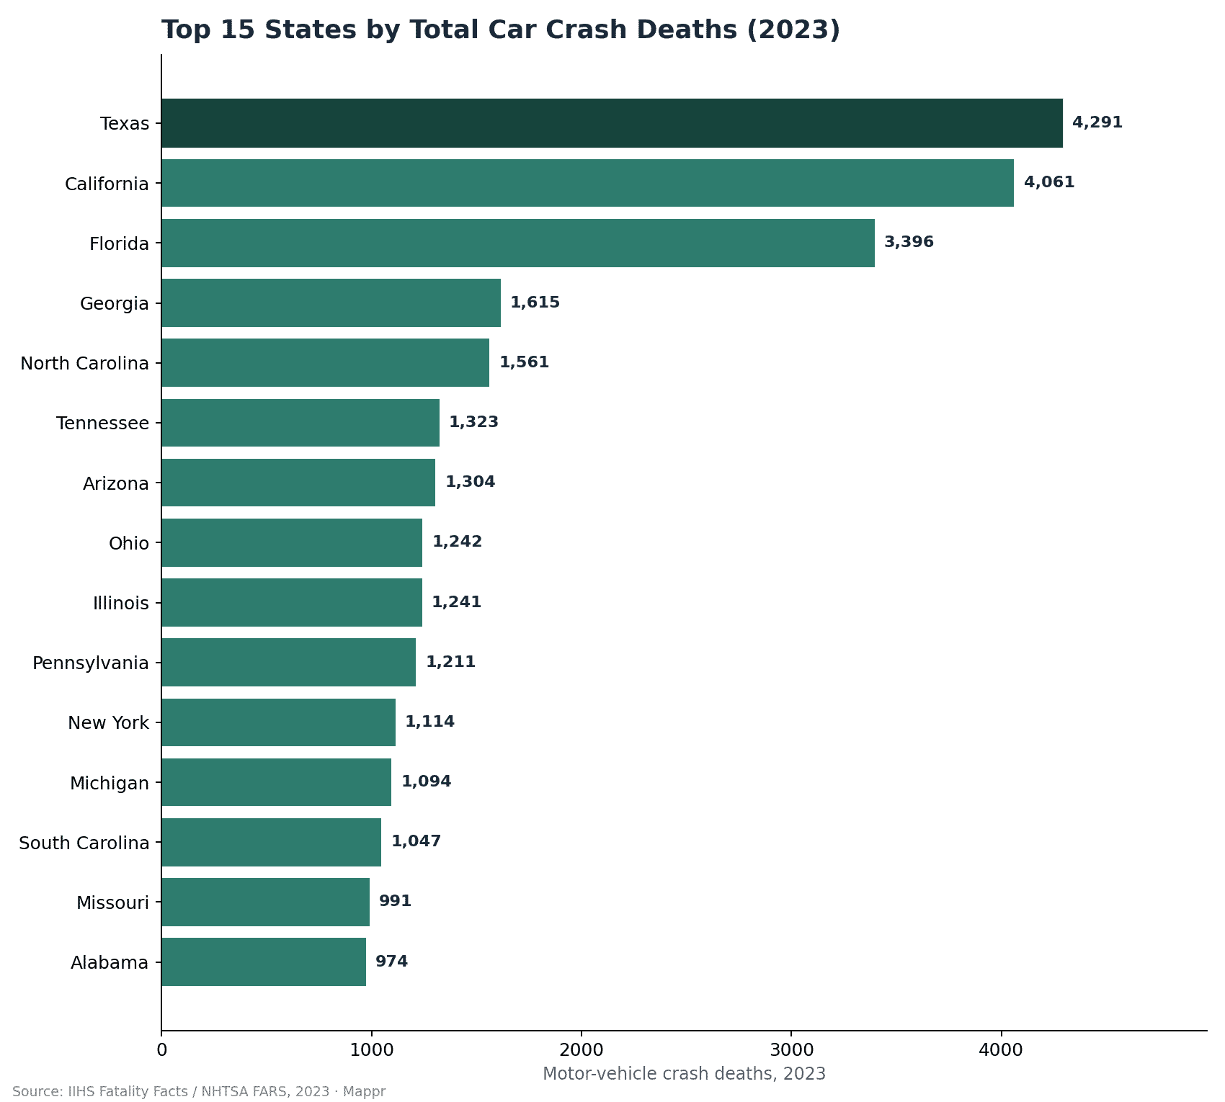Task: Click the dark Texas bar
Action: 612,123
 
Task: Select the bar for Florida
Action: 518,243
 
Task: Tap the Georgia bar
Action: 331,303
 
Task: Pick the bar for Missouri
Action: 265,902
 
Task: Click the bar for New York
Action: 278,722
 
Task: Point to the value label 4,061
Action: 1049,182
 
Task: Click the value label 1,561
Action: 525,362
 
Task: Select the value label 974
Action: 392,962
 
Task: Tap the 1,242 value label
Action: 458,542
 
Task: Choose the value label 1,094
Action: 427,781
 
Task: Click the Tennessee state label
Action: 102,423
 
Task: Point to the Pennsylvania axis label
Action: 91,663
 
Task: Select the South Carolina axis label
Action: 84,843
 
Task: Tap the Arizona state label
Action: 116,483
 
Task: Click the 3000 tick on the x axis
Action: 791,1050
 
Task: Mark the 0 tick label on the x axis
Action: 161,1050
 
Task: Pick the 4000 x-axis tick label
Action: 1001,1050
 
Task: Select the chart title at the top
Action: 501,30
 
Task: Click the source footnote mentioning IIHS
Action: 199,1092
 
